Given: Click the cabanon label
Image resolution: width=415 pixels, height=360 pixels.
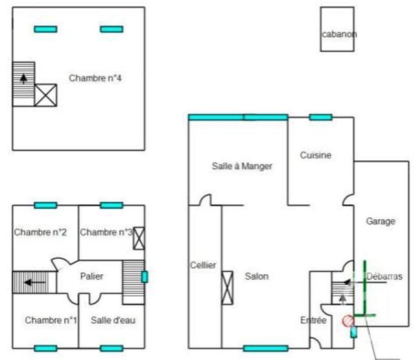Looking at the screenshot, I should [339, 34].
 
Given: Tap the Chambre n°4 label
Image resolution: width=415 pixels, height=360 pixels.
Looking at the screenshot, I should [95, 78].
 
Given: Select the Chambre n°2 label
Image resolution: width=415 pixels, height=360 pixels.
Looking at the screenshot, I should [41, 232].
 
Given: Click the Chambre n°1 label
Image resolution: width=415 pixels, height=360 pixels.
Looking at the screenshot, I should [51, 320].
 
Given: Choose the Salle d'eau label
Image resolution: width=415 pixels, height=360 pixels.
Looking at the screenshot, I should [113, 320].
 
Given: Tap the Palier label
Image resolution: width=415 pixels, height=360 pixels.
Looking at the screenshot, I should [91, 276].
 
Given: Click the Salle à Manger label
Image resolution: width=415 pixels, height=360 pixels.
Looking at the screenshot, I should [242, 166].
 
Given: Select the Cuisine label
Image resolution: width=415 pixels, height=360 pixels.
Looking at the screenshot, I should [316, 156].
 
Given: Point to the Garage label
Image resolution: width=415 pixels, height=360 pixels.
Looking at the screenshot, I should [380, 221].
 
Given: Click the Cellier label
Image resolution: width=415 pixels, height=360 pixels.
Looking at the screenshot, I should [203, 265].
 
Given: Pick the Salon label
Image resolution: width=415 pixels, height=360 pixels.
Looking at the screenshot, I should [256, 276].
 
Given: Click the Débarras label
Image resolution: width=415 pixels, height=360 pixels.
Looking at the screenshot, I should [384, 276].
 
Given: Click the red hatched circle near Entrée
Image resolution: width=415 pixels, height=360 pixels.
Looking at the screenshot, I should [348, 320].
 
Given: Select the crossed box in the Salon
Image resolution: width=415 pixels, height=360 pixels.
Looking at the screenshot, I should [228, 287].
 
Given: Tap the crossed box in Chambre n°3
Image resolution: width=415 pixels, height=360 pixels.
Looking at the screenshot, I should [139, 238].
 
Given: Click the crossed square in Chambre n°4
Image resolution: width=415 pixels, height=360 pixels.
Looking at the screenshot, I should [46, 95].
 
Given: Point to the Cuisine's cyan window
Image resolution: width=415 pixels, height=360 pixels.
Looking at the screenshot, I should [320, 117].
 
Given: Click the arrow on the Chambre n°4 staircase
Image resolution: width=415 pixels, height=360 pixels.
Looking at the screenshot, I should [24, 79].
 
